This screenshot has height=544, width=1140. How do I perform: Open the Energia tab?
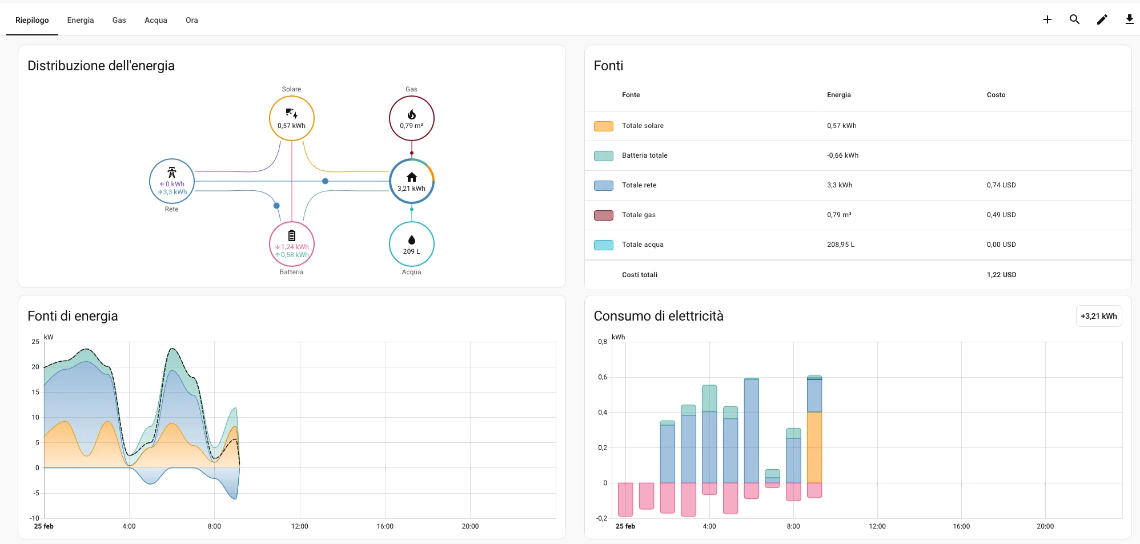[81, 20]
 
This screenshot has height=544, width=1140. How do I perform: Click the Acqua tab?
[155, 20]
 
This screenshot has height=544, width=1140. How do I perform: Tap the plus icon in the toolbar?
[1047, 19]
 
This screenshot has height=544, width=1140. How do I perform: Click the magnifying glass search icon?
[1074, 19]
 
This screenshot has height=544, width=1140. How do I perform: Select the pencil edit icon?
[1102, 19]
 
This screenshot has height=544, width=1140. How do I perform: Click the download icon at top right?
[1129, 19]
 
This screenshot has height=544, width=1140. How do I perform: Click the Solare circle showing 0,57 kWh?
[291, 118]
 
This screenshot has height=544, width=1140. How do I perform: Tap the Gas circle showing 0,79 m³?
[411, 118]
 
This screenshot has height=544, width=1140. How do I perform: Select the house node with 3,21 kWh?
[411, 181]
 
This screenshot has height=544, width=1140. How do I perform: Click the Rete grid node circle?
[171, 181]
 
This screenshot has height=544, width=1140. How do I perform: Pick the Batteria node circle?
[291, 244]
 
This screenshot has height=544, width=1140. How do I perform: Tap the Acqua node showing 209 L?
[411, 244]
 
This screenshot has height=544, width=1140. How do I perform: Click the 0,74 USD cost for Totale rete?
[1001, 185]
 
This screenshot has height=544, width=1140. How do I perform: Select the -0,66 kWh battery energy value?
[842, 155]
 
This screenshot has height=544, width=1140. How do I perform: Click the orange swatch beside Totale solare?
[603, 126]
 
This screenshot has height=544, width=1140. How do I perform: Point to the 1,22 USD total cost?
[1001, 275]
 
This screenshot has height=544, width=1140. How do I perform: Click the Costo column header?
[996, 95]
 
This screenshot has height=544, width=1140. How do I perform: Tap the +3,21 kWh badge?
[1098, 316]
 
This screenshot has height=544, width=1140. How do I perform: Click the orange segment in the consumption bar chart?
[814, 447]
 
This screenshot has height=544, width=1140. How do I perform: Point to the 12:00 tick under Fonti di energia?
[299, 526]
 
